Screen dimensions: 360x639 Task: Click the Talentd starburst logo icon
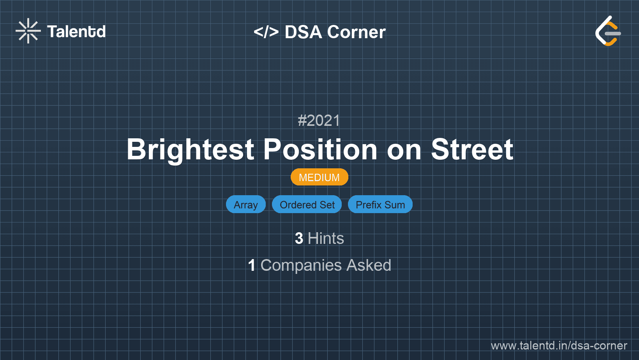point(28,31)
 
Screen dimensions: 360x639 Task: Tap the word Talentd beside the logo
point(76,32)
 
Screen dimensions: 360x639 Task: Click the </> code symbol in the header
point(266,32)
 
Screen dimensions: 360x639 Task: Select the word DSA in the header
point(303,32)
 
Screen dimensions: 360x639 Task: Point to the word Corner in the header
point(357,32)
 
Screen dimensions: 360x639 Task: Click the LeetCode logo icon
point(608,31)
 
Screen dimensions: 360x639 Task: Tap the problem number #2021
point(319,121)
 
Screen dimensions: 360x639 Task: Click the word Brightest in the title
point(191,150)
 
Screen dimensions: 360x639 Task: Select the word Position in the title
point(320,150)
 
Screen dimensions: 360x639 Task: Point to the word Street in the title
point(472,150)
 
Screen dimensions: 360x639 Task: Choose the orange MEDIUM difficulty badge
point(319,177)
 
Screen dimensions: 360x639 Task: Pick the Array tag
point(245,205)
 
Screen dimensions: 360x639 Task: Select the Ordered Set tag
point(307,205)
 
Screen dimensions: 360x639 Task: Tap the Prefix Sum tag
point(380,205)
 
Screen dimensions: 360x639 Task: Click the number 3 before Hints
point(299,238)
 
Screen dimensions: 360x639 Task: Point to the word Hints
point(326,238)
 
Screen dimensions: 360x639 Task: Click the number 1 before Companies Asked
point(252,266)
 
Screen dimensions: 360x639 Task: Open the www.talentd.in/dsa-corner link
point(559,346)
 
